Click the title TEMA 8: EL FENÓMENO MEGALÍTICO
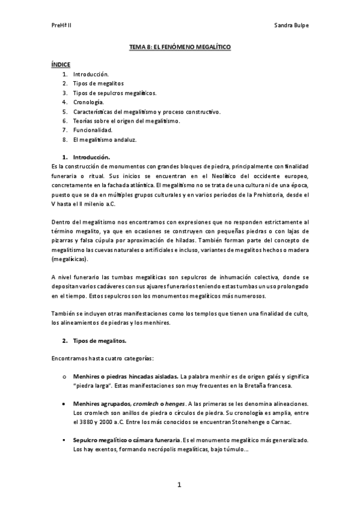coord(180,46)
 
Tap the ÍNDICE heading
coord(61,64)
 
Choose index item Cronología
coord(93,102)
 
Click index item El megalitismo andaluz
coord(105,140)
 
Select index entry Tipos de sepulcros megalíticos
coord(114,93)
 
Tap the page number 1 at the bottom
coord(180,485)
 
